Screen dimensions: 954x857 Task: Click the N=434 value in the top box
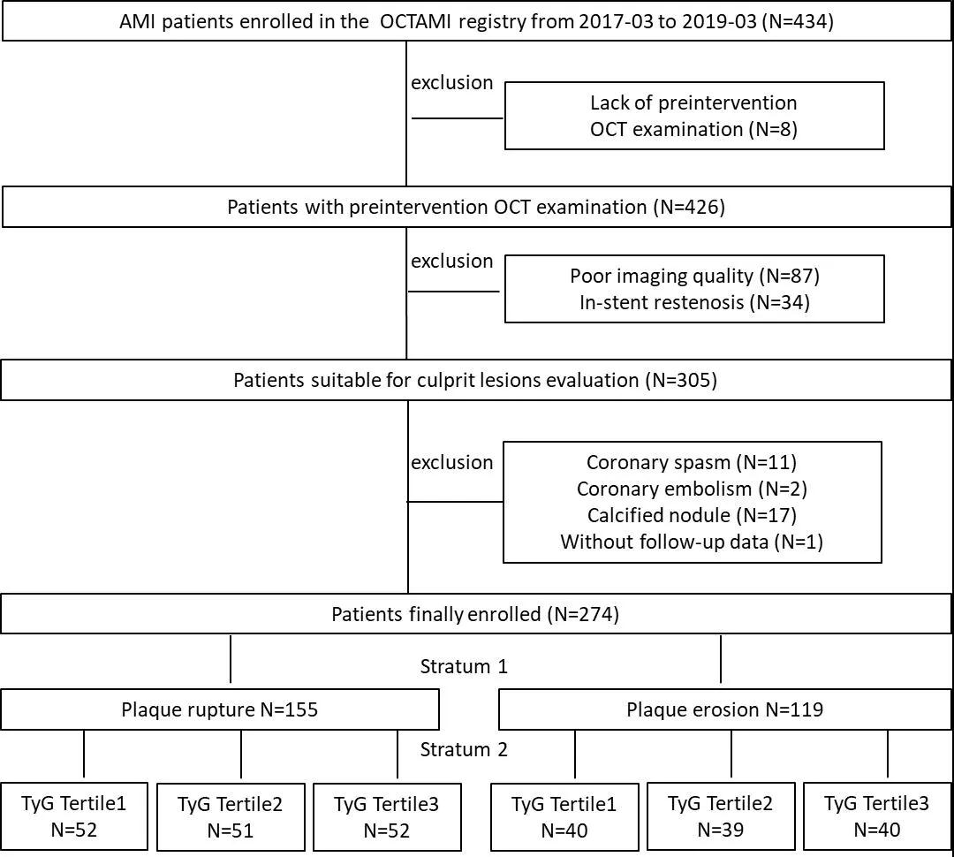[798, 22]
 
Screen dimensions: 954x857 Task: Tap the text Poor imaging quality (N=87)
[694, 276]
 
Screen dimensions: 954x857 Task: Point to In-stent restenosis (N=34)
[694, 302]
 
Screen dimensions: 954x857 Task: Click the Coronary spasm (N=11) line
[691, 463]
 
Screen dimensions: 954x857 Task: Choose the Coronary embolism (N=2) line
[692, 489]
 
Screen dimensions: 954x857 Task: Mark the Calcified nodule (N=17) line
[692, 516]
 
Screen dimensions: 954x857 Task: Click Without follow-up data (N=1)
[692, 542]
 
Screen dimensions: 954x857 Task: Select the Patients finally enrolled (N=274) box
[476, 613]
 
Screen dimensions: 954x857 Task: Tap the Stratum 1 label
[464, 666]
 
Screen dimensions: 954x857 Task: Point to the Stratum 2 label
[464, 749]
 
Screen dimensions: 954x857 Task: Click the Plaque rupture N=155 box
[220, 709]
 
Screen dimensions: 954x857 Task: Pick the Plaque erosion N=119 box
[724, 709]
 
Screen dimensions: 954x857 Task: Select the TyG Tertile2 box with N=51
[231, 817]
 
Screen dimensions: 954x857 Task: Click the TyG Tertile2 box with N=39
[721, 816]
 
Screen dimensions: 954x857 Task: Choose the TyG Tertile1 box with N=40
[564, 817]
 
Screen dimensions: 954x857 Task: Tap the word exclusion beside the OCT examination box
[452, 83]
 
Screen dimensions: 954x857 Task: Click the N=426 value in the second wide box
[689, 207]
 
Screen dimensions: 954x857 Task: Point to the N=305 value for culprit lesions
[681, 381]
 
